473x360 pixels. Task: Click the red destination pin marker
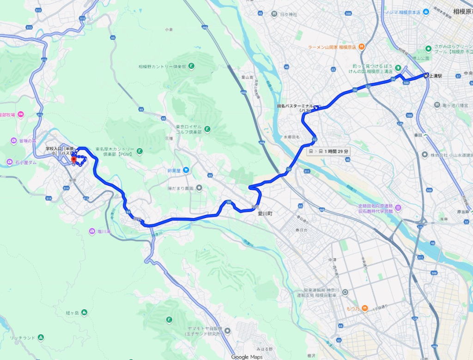pos(73,159)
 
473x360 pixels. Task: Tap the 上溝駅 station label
pos(436,76)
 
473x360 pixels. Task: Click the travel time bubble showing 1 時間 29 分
pos(328,151)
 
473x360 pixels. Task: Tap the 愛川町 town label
pos(267,214)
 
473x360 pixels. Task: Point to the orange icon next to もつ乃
pos(365,308)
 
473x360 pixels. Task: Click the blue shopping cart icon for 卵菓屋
pos(186,170)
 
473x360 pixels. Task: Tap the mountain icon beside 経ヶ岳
pos(84,312)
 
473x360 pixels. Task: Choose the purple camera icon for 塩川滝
pos(92,231)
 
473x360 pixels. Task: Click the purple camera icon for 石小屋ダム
pos(10,162)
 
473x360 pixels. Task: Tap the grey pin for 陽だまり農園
pos(199,188)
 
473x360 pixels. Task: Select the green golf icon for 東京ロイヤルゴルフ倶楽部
pos(208,129)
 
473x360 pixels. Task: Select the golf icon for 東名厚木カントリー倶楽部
pos(139,151)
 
